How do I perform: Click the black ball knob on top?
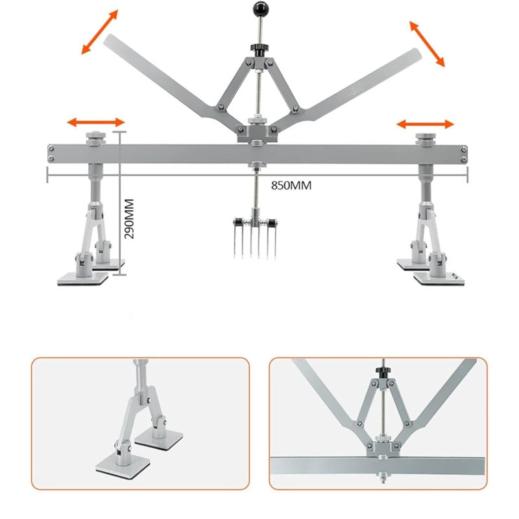[261, 9]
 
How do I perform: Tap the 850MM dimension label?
[291, 186]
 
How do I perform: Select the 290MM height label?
[129, 219]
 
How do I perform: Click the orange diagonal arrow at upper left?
[100, 32]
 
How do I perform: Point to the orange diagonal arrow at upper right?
[427, 44]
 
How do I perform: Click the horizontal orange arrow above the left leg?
[96, 122]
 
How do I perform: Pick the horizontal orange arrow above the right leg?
[426, 124]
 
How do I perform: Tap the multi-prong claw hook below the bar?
[255, 233]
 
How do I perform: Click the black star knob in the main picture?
[258, 50]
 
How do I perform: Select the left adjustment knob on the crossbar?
[95, 138]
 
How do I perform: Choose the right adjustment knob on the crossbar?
[426, 139]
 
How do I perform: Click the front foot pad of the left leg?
[83, 279]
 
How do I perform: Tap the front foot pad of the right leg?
[439, 279]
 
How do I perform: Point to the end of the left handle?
[108, 40]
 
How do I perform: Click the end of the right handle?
[416, 54]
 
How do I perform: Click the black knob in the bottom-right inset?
[383, 370]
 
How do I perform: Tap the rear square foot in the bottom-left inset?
[159, 439]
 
